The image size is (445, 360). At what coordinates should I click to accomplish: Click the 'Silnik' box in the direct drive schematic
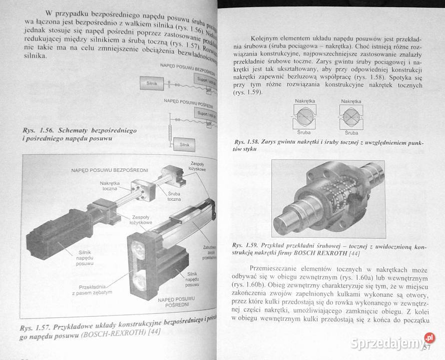(x=152, y=84)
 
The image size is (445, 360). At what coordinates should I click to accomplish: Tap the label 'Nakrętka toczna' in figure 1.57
(x=109, y=185)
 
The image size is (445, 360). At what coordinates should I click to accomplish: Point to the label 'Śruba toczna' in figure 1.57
(x=174, y=196)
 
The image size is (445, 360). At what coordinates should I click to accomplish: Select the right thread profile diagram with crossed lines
(x=351, y=117)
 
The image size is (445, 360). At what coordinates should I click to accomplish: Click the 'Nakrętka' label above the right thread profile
(x=351, y=101)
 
